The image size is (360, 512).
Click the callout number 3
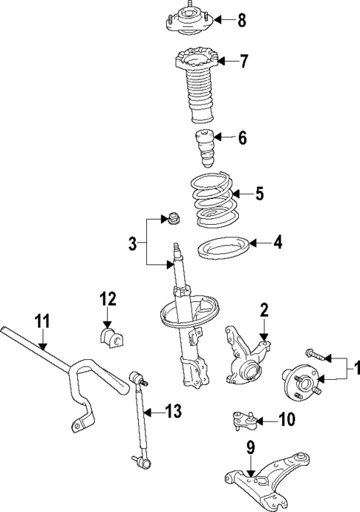tap(132, 242)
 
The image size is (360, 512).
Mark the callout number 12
tap(108, 300)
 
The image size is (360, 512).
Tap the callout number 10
tap(287, 420)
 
